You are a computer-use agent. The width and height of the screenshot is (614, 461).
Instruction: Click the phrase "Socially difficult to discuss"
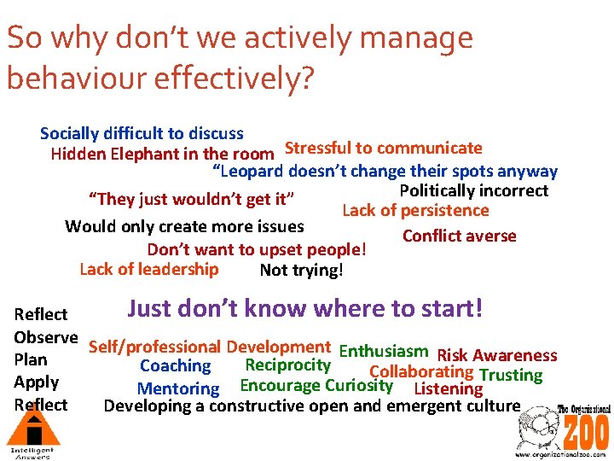click(142, 134)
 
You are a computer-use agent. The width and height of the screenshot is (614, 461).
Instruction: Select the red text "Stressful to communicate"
click(383, 149)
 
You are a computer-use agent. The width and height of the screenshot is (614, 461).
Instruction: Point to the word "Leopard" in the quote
click(254, 172)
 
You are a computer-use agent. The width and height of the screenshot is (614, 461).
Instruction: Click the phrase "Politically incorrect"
click(473, 190)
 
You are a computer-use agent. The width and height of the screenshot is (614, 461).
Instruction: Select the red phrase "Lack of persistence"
click(415, 211)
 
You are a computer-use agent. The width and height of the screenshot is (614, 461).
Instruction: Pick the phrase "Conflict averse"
click(459, 236)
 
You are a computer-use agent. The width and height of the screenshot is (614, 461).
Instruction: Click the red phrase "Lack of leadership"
click(148, 270)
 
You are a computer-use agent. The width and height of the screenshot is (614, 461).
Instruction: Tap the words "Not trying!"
click(301, 271)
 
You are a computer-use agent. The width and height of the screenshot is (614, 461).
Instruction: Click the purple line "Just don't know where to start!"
click(305, 307)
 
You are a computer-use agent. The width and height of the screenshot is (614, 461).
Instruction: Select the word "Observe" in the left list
click(46, 337)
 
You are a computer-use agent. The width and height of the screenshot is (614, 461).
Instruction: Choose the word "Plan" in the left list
click(31, 359)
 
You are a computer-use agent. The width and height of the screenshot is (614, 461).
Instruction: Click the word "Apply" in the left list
click(37, 382)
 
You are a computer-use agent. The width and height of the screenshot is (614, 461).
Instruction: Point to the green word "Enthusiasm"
click(383, 351)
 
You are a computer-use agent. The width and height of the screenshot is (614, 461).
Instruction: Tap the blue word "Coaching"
click(175, 366)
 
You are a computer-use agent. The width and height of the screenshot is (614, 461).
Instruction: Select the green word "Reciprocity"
click(287, 365)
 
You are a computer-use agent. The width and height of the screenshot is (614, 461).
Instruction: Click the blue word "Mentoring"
click(178, 388)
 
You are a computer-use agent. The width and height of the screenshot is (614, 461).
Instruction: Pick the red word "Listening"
click(448, 388)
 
